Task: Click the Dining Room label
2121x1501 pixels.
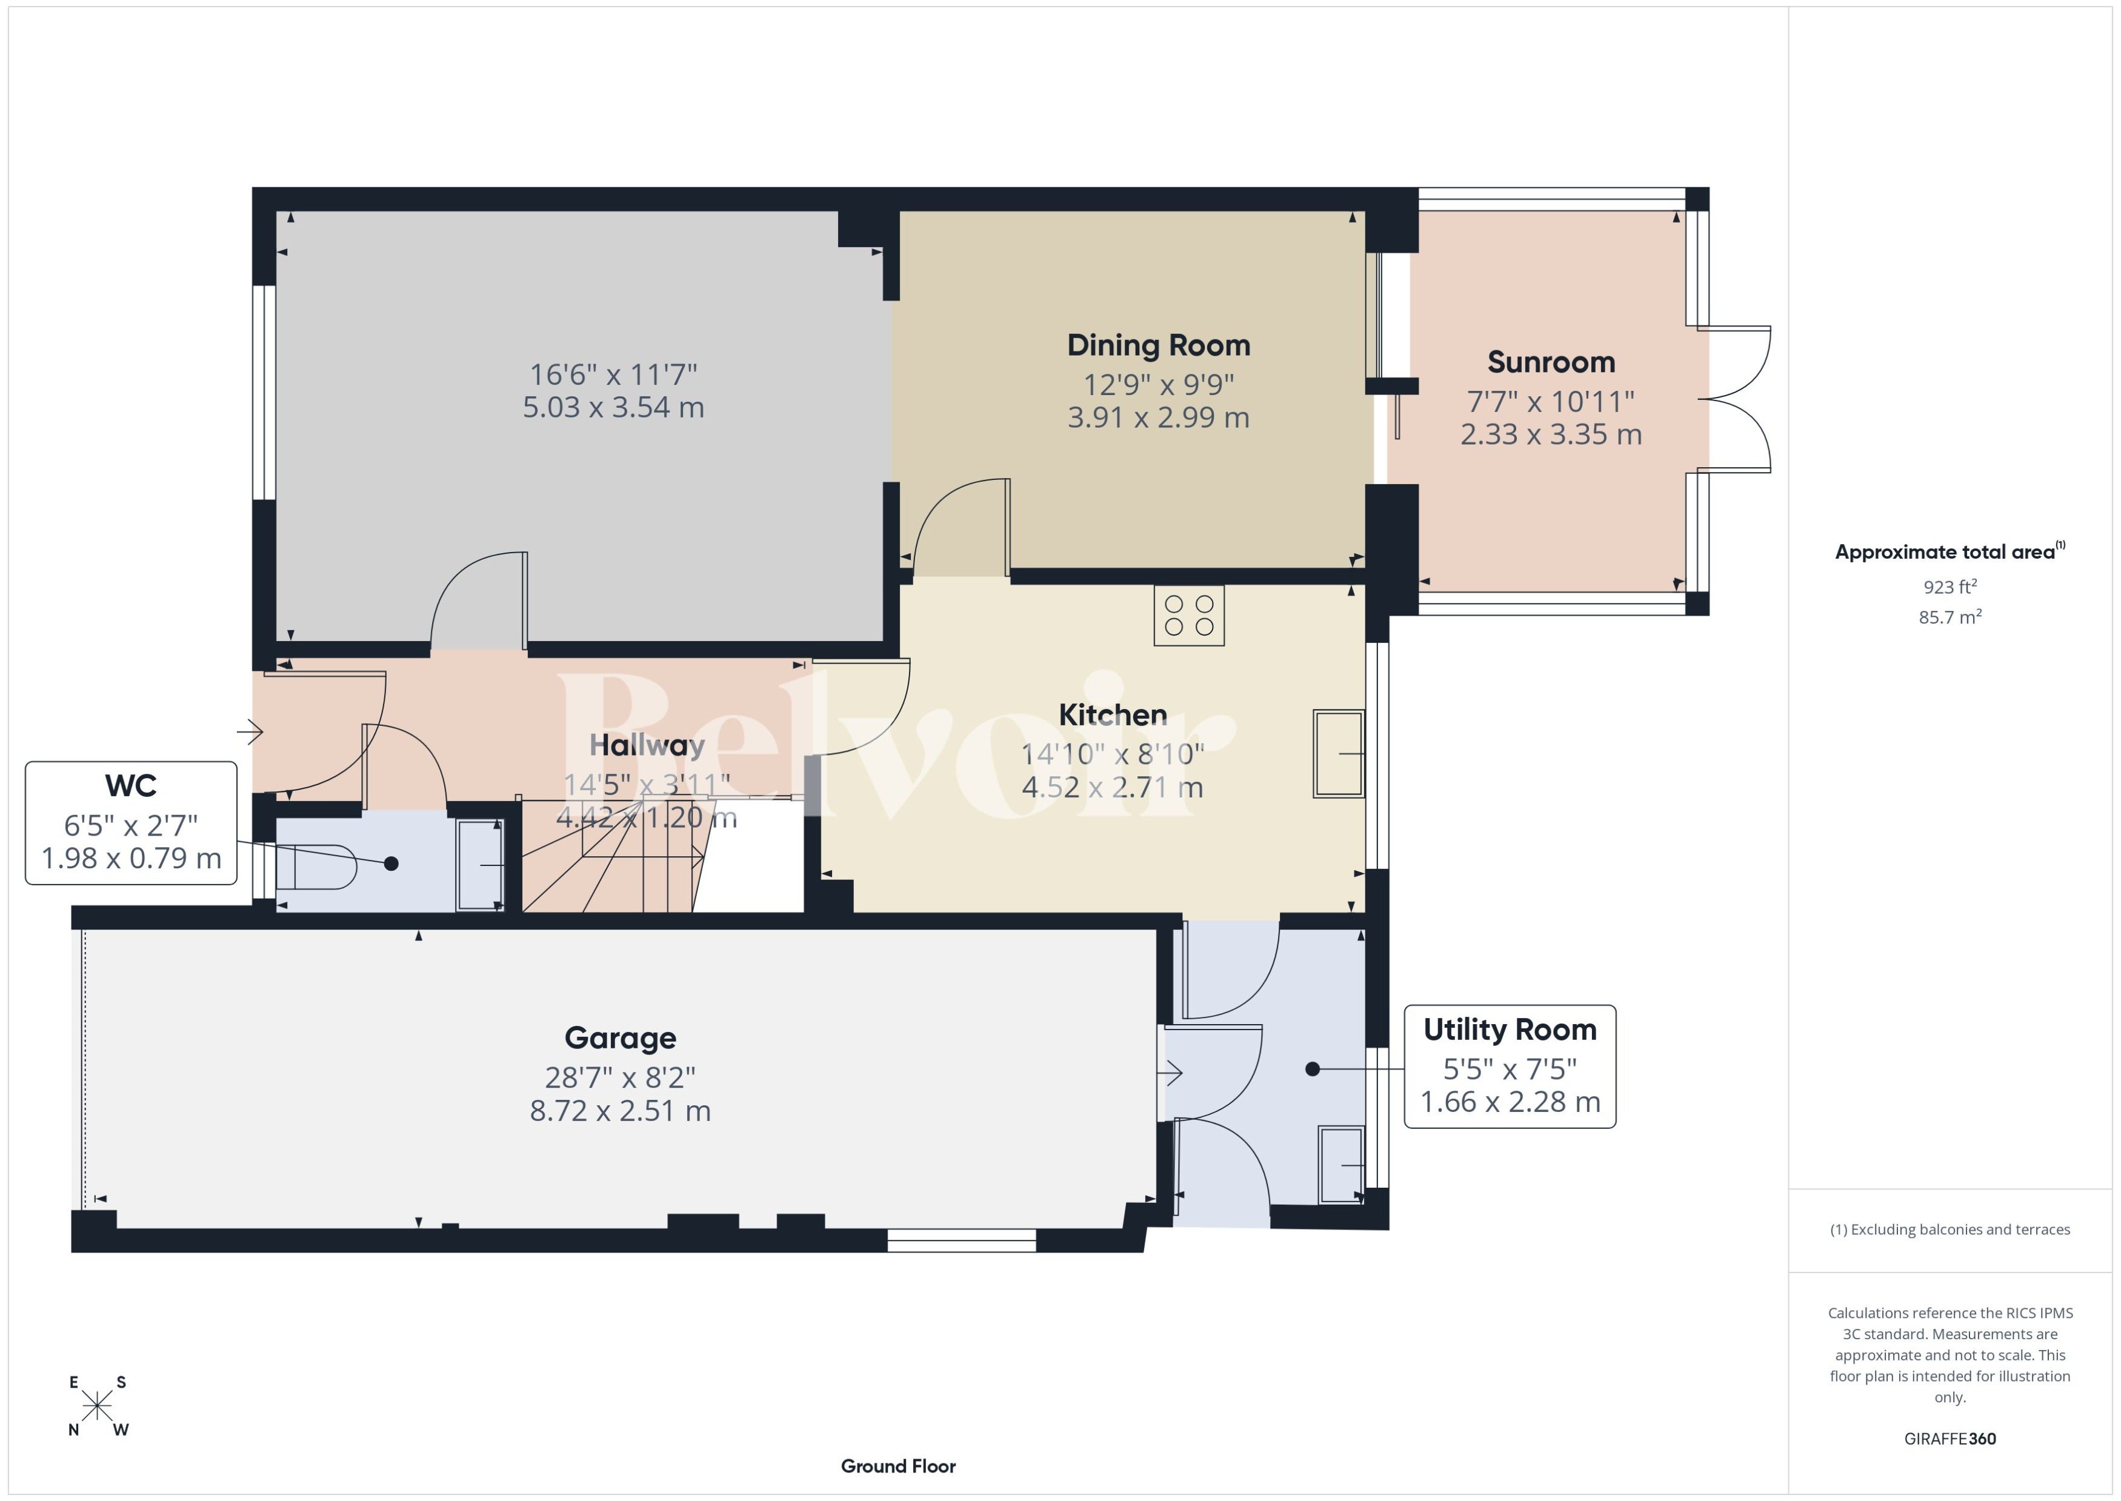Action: click(1158, 345)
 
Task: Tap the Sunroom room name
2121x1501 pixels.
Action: click(1551, 361)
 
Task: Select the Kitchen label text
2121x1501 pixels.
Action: click(1113, 714)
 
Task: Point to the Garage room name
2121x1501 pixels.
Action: click(620, 1038)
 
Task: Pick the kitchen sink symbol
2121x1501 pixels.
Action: click(1338, 753)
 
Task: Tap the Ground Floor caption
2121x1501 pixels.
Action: click(898, 1466)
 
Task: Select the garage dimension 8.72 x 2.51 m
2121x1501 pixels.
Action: click(620, 1111)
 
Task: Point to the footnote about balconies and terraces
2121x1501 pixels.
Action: click(1950, 1230)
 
